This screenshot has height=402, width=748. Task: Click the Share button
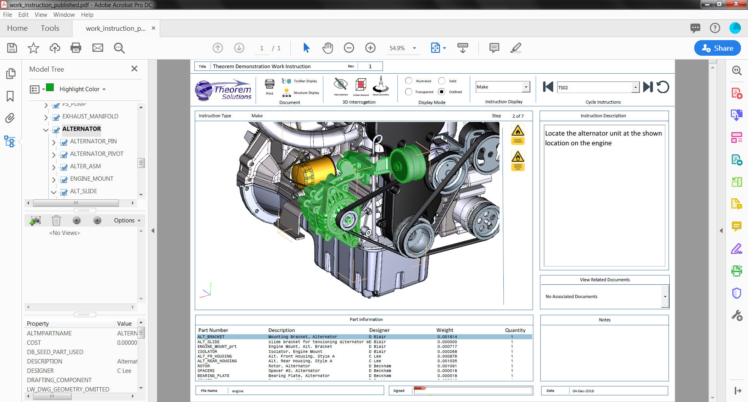(717, 48)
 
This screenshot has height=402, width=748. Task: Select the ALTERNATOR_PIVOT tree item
(97, 154)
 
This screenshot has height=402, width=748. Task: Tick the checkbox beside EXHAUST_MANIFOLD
(56, 117)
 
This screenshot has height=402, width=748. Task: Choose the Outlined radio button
(441, 92)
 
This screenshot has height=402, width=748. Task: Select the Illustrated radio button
(409, 81)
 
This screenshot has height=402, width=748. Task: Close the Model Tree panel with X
(134, 69)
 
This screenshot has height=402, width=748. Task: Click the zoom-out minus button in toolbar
(349, 48)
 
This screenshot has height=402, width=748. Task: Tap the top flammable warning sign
(518, 131)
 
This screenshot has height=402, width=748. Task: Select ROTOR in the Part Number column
(204, 366)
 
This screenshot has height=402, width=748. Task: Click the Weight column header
(445, 330)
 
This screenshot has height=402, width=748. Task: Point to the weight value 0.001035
(447, 361)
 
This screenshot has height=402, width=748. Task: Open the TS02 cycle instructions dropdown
(635, 87)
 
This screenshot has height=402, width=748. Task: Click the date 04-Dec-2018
(583, 391)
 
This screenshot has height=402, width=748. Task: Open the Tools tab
(50, 28)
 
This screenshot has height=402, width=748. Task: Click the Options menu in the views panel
(127, 220)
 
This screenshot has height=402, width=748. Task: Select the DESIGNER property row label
(41, 371)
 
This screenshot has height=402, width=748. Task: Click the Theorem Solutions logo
(224, 90)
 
